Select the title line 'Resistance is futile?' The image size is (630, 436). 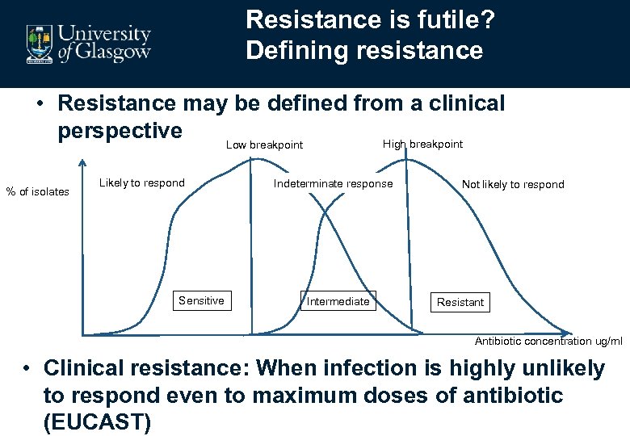click(x=371, y=19)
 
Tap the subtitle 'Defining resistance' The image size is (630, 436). click(x=364, y=51)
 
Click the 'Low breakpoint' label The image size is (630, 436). click(x=264, y=145)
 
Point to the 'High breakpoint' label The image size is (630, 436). click(x=422, y=144)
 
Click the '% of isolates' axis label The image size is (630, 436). click(x=37, y=191)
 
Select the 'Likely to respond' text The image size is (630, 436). click(x=141, y=182)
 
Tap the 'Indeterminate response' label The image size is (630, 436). click(x=333, y=183)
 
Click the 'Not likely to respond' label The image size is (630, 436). click(x=513, y=184)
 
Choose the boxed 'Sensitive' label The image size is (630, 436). click(x=201, y=300)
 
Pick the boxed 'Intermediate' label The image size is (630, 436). click(x=338, y=301)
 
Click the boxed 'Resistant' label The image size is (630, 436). click(x=460, y=302)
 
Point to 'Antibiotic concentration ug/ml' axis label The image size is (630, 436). click(x=548, y=341)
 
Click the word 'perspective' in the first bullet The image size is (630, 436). click(x=120, y=130)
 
